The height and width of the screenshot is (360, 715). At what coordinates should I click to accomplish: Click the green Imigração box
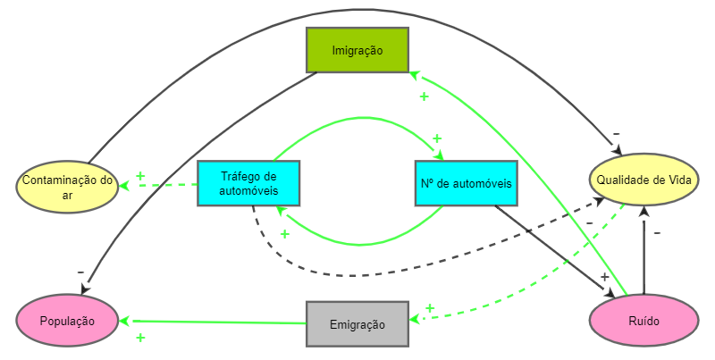(x=357, y=50)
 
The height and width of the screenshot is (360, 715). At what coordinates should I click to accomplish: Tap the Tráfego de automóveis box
(x=248, y=183)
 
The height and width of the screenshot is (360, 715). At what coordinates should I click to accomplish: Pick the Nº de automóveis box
(x=466, y=183)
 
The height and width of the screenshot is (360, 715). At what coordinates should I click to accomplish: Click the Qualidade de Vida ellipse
(x=643, y=178)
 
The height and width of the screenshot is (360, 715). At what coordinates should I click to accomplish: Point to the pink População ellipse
(x=67, y=320)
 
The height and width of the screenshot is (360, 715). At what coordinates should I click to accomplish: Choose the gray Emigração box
(x=357, y=323)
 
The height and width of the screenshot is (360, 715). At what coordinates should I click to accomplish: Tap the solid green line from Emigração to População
(x=214, y=321)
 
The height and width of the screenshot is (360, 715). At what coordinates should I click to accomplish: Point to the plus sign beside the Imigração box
(x=424, y=96)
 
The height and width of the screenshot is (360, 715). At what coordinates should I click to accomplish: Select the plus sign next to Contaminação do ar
(x=140, y=175)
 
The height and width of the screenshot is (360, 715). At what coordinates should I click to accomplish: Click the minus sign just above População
(x=80, y=271)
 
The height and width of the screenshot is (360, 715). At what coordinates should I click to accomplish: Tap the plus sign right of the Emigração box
(x=429, y=308)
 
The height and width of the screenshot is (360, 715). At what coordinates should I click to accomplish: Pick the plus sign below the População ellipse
(x=140, y=338)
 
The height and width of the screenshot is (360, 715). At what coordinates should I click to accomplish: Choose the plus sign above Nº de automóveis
(x=437, y=138)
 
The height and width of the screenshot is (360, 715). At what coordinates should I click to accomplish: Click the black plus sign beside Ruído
(x=604, y=277)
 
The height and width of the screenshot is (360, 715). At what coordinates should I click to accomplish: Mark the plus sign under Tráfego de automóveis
(x=285, y=234)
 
